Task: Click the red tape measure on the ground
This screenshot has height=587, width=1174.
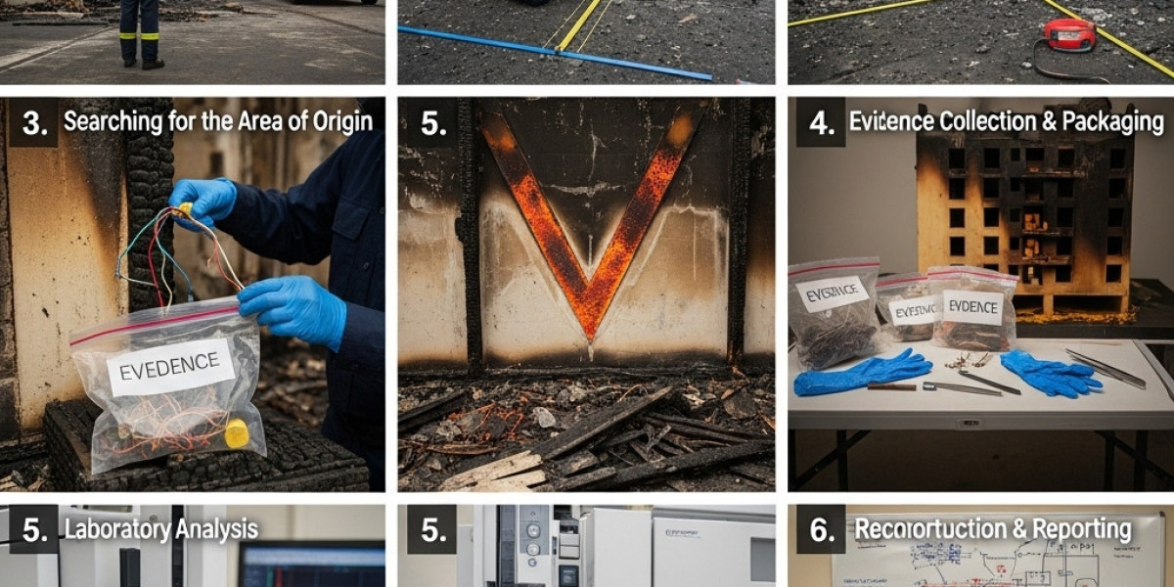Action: (x=1069, y=35)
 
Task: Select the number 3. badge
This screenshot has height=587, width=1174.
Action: (x=33, y=122)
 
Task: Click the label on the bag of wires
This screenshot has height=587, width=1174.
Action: (x=169, y=367)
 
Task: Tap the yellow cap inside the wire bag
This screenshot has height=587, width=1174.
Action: (x=237, y=432)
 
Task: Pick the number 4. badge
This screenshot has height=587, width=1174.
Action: (x=820, y=122)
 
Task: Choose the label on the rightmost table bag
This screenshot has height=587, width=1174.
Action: (x=972, y=307)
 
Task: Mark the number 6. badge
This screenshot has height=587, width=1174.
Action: (x=820, y=530)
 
